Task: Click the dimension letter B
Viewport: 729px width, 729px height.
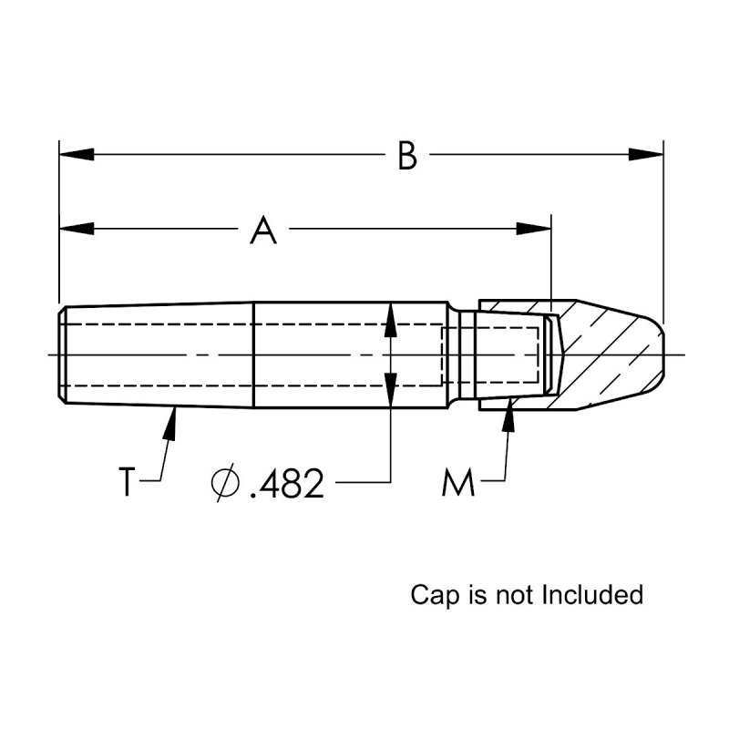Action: click(407, 157)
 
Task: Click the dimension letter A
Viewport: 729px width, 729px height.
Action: click(263, 231)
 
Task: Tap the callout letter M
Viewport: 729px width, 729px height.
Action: click(458, 482)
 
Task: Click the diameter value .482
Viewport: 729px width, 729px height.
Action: click(285, 484)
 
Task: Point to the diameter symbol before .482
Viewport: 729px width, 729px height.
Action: click(225, 483)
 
